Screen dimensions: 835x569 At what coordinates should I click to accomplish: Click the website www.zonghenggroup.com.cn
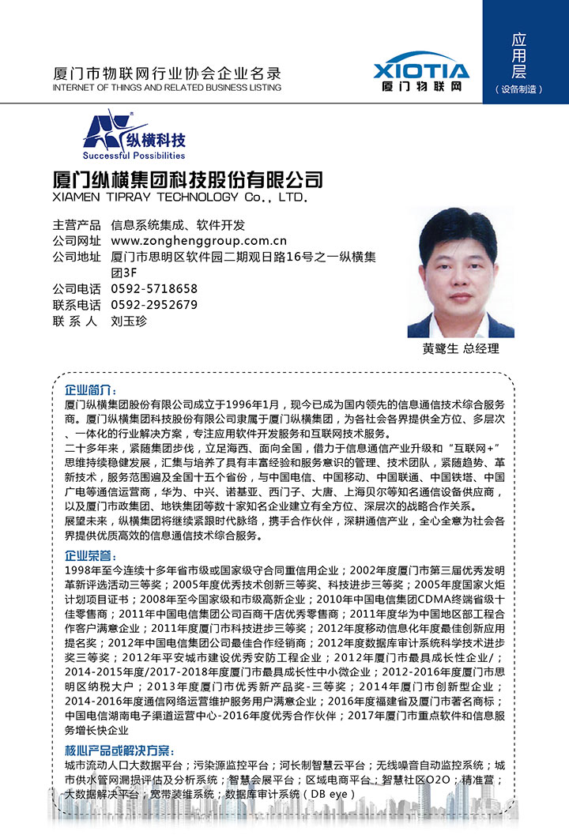198,241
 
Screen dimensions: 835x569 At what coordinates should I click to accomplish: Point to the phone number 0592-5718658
154,289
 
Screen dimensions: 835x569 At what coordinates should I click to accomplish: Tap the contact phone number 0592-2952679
154,305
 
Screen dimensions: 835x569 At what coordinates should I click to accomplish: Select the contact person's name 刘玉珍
129,322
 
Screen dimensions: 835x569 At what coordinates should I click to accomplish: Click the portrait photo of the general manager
460,273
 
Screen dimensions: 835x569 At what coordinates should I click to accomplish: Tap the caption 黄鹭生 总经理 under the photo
460,348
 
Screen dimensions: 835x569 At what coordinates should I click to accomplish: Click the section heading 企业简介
91,391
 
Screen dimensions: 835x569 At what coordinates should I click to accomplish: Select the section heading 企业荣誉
91,556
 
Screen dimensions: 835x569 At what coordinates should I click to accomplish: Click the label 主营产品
77,224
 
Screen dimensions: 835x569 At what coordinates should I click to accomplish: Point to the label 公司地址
77,257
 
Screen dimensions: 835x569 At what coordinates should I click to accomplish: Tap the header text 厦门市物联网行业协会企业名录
166,73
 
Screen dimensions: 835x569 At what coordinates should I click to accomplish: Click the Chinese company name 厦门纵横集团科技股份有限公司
187,179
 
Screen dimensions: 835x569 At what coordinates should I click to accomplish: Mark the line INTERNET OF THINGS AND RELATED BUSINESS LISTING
166,88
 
